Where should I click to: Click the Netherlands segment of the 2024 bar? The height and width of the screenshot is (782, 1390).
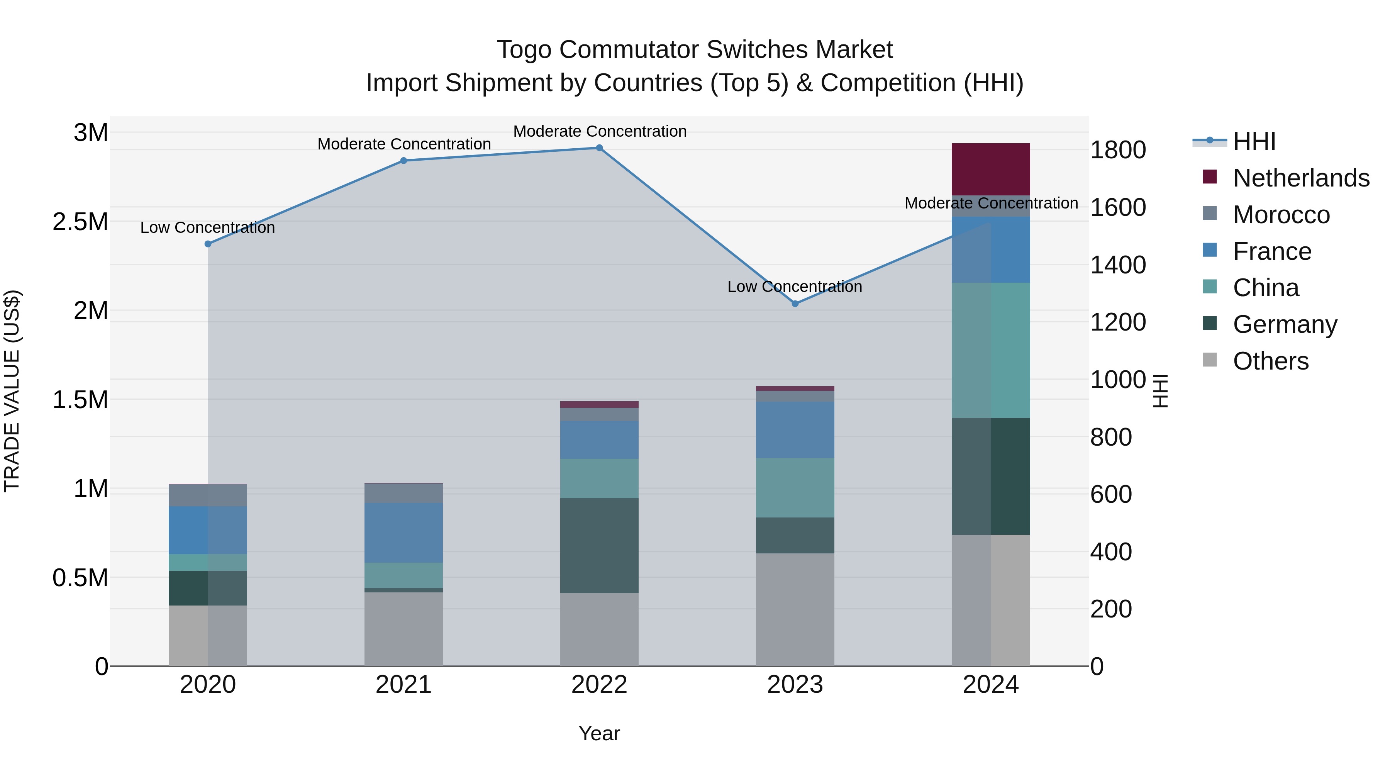pos(991,169)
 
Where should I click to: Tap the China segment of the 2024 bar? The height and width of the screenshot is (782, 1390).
pos(991,350)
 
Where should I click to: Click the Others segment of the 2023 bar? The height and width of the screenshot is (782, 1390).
pos(795,609)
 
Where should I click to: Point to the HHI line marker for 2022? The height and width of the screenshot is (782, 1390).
pos(599,148)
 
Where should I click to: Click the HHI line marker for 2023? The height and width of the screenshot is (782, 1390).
pos(795,304)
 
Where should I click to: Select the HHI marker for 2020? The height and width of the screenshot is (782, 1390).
pos(208,244)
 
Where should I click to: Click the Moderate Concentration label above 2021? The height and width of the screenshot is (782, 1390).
pos(403,144)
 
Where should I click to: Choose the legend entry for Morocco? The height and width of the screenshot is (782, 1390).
pos(1281,215)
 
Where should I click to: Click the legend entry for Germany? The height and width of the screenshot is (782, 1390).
pos(1284,324)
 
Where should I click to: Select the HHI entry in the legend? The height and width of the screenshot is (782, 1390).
pos(1254,141)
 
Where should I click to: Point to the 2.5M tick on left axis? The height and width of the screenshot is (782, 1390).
pos(80,222)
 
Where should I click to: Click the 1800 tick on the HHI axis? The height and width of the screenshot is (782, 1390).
pos(1117,150)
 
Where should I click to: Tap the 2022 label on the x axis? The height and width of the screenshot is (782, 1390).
pos(599,685)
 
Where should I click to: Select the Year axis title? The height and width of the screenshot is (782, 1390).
pos(599,733)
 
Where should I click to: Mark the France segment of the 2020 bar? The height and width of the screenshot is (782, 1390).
pos(208,530)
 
